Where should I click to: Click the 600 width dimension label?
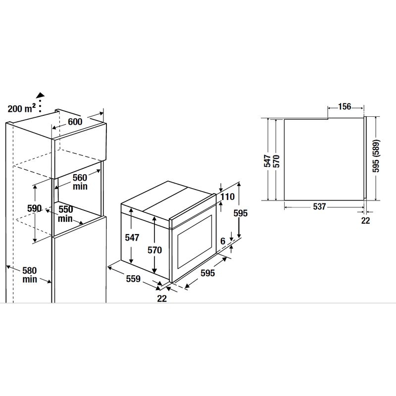click(75, 122)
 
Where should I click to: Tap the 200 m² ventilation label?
click(21, 108)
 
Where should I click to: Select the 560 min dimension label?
click(80, 182)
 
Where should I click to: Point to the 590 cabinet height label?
click(34, 208)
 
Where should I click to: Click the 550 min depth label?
click(65, 214)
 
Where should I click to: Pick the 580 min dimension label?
click(30, 275)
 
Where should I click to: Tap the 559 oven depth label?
click(133, 279)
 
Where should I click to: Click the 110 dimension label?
click(227, 197)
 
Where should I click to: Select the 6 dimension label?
click(223, 241)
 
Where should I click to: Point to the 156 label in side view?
click(345, 106)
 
